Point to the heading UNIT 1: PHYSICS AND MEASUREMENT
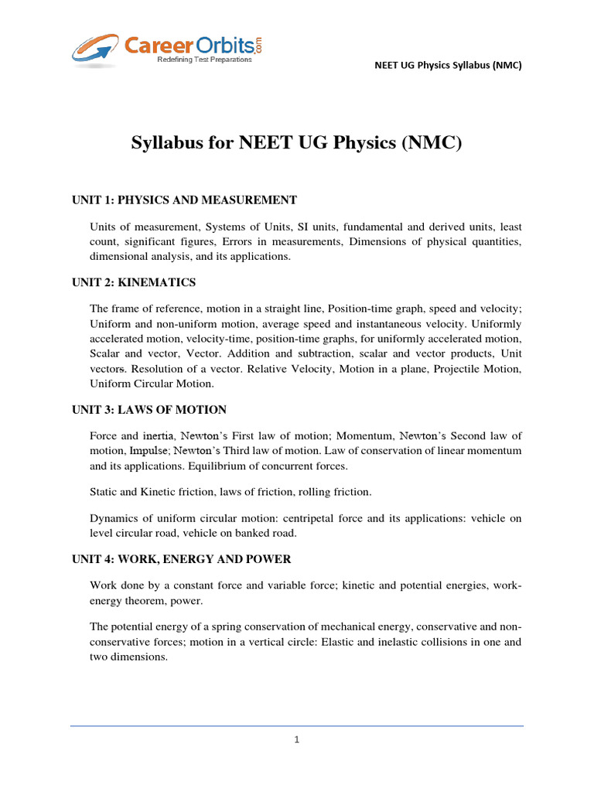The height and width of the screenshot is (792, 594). (184, 200)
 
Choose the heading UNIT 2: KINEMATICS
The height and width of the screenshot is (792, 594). (134, 282)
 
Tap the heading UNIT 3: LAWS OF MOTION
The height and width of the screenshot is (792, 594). (149, 409)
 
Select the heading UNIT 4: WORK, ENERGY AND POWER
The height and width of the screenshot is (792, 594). (181, 558)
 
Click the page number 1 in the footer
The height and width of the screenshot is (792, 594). (297, 739)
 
